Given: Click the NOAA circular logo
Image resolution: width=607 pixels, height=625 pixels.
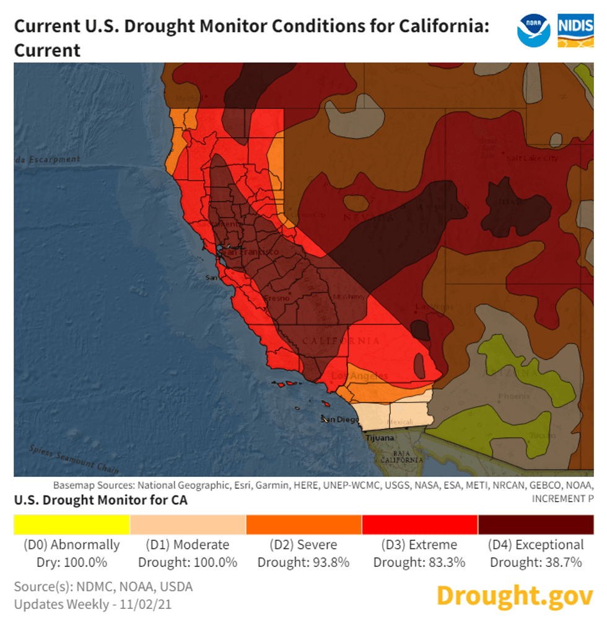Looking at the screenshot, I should point(533,30).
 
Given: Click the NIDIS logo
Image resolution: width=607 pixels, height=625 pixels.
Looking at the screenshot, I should point(575,30).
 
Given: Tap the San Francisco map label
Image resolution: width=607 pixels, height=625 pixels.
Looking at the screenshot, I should point(250,252).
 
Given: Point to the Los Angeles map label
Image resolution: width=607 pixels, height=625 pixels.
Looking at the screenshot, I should point(359,376).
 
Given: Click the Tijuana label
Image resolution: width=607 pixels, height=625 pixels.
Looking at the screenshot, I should point(380,438).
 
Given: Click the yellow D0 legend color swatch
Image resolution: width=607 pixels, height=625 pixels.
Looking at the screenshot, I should point(71,525).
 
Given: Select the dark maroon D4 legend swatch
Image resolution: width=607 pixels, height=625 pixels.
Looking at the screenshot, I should point(536,525).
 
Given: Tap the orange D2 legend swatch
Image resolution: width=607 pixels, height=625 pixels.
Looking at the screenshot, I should point(303,525).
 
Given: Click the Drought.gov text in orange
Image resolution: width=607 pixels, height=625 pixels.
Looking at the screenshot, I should point(515,596).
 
